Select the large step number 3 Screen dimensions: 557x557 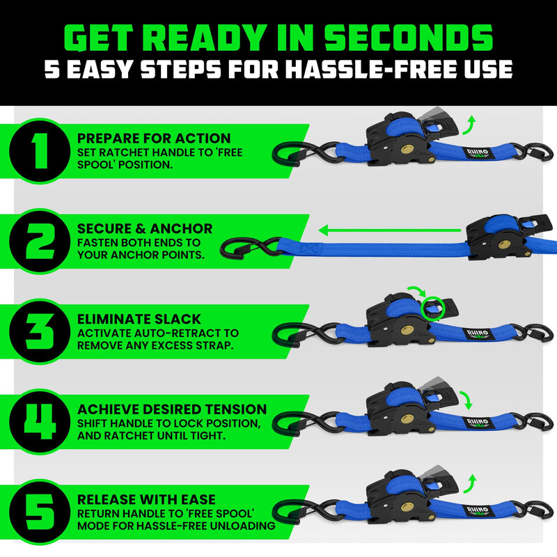click(40, 332)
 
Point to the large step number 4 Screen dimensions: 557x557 click(40, 423)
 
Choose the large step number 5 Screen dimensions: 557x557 click(40, 512)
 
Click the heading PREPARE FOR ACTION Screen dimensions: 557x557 click(154, 139)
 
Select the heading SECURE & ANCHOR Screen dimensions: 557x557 click(145, 229)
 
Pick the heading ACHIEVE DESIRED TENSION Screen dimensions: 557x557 click(172, 409)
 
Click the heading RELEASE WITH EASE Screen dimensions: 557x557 click(146, 499)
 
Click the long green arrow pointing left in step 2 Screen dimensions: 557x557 click(390, 228)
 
